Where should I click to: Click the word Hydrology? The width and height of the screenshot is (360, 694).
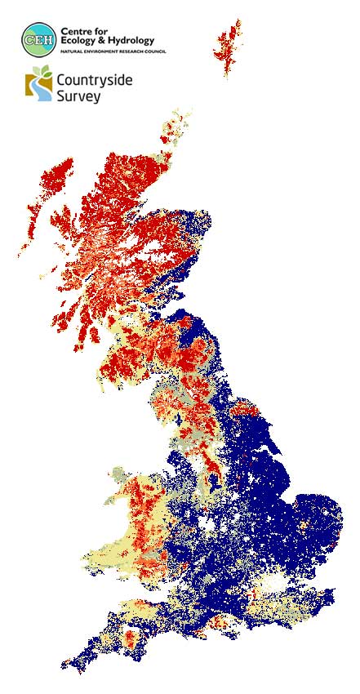[148, 42]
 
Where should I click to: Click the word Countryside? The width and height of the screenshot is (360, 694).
[93, 81]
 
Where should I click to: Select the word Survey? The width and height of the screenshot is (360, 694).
[78, 96]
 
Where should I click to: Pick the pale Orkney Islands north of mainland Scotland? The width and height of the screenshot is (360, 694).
[179, 122]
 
